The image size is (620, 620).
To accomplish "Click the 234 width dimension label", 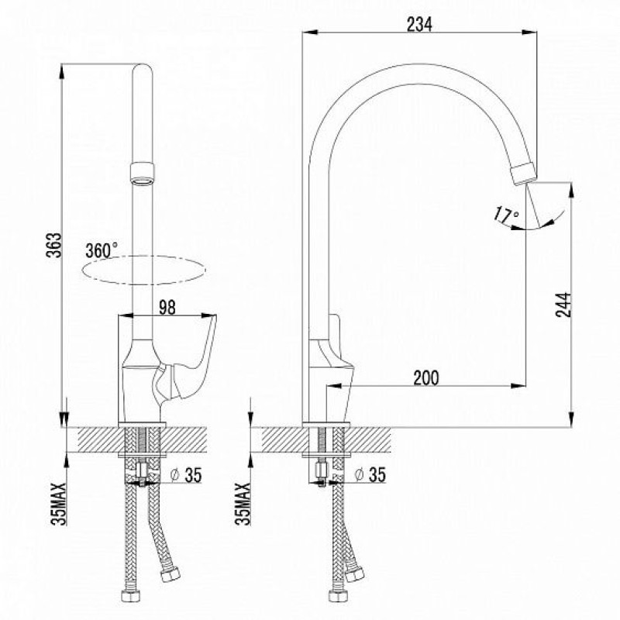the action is coord(419,25).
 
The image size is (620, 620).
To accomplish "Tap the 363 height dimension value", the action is coord(54,245).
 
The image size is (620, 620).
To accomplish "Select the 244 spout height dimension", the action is coord(563,305).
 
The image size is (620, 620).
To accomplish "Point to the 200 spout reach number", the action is coord(425,377).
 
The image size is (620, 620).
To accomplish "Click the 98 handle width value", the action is coord(167,308).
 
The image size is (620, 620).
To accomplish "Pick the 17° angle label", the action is coord(506,215).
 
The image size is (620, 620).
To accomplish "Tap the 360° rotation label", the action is coord(102,250).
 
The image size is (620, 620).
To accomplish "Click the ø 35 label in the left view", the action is coord(186,474).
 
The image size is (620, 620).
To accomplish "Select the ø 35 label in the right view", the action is coord(370,474).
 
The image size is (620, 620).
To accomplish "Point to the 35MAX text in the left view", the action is coord(59,504).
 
